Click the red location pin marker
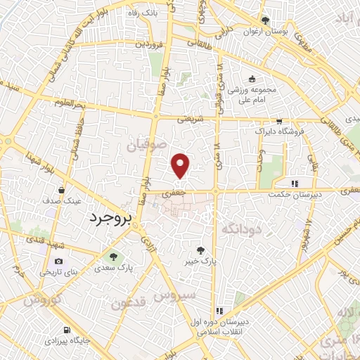[x=181, y=165]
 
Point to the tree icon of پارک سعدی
[x=111, y=256]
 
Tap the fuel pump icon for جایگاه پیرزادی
[x=66, y=329]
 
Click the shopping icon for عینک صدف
[x=63, y=190]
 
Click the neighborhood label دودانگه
[x=242, y=229]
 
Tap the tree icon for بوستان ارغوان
[x=265, y=21]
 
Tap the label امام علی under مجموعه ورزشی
[x=252, y=101]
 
